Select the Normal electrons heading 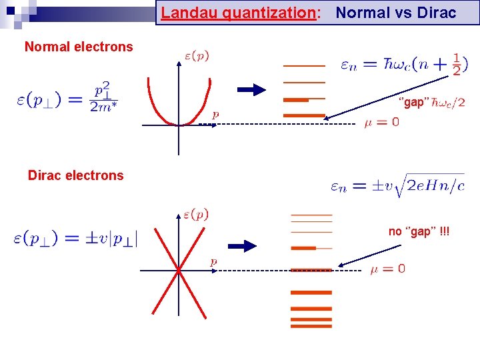(x=79, y=47)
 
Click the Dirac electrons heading (x=75, y=175)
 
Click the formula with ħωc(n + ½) (x=404, y=65)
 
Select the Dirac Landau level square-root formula (x=397, y=186)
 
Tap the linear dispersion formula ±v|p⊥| (x=74, y=239)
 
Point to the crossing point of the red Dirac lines (x=179, y=270)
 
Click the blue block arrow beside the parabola (x=251, y=91)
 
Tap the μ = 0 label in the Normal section (x=381, y=123)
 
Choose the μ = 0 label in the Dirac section (x=387, y=269)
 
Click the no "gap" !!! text (x=419, y=231)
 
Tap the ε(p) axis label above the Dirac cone (x=196, y=214)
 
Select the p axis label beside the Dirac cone (x=213, y=262)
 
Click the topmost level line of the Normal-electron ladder (x=304, y=66)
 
